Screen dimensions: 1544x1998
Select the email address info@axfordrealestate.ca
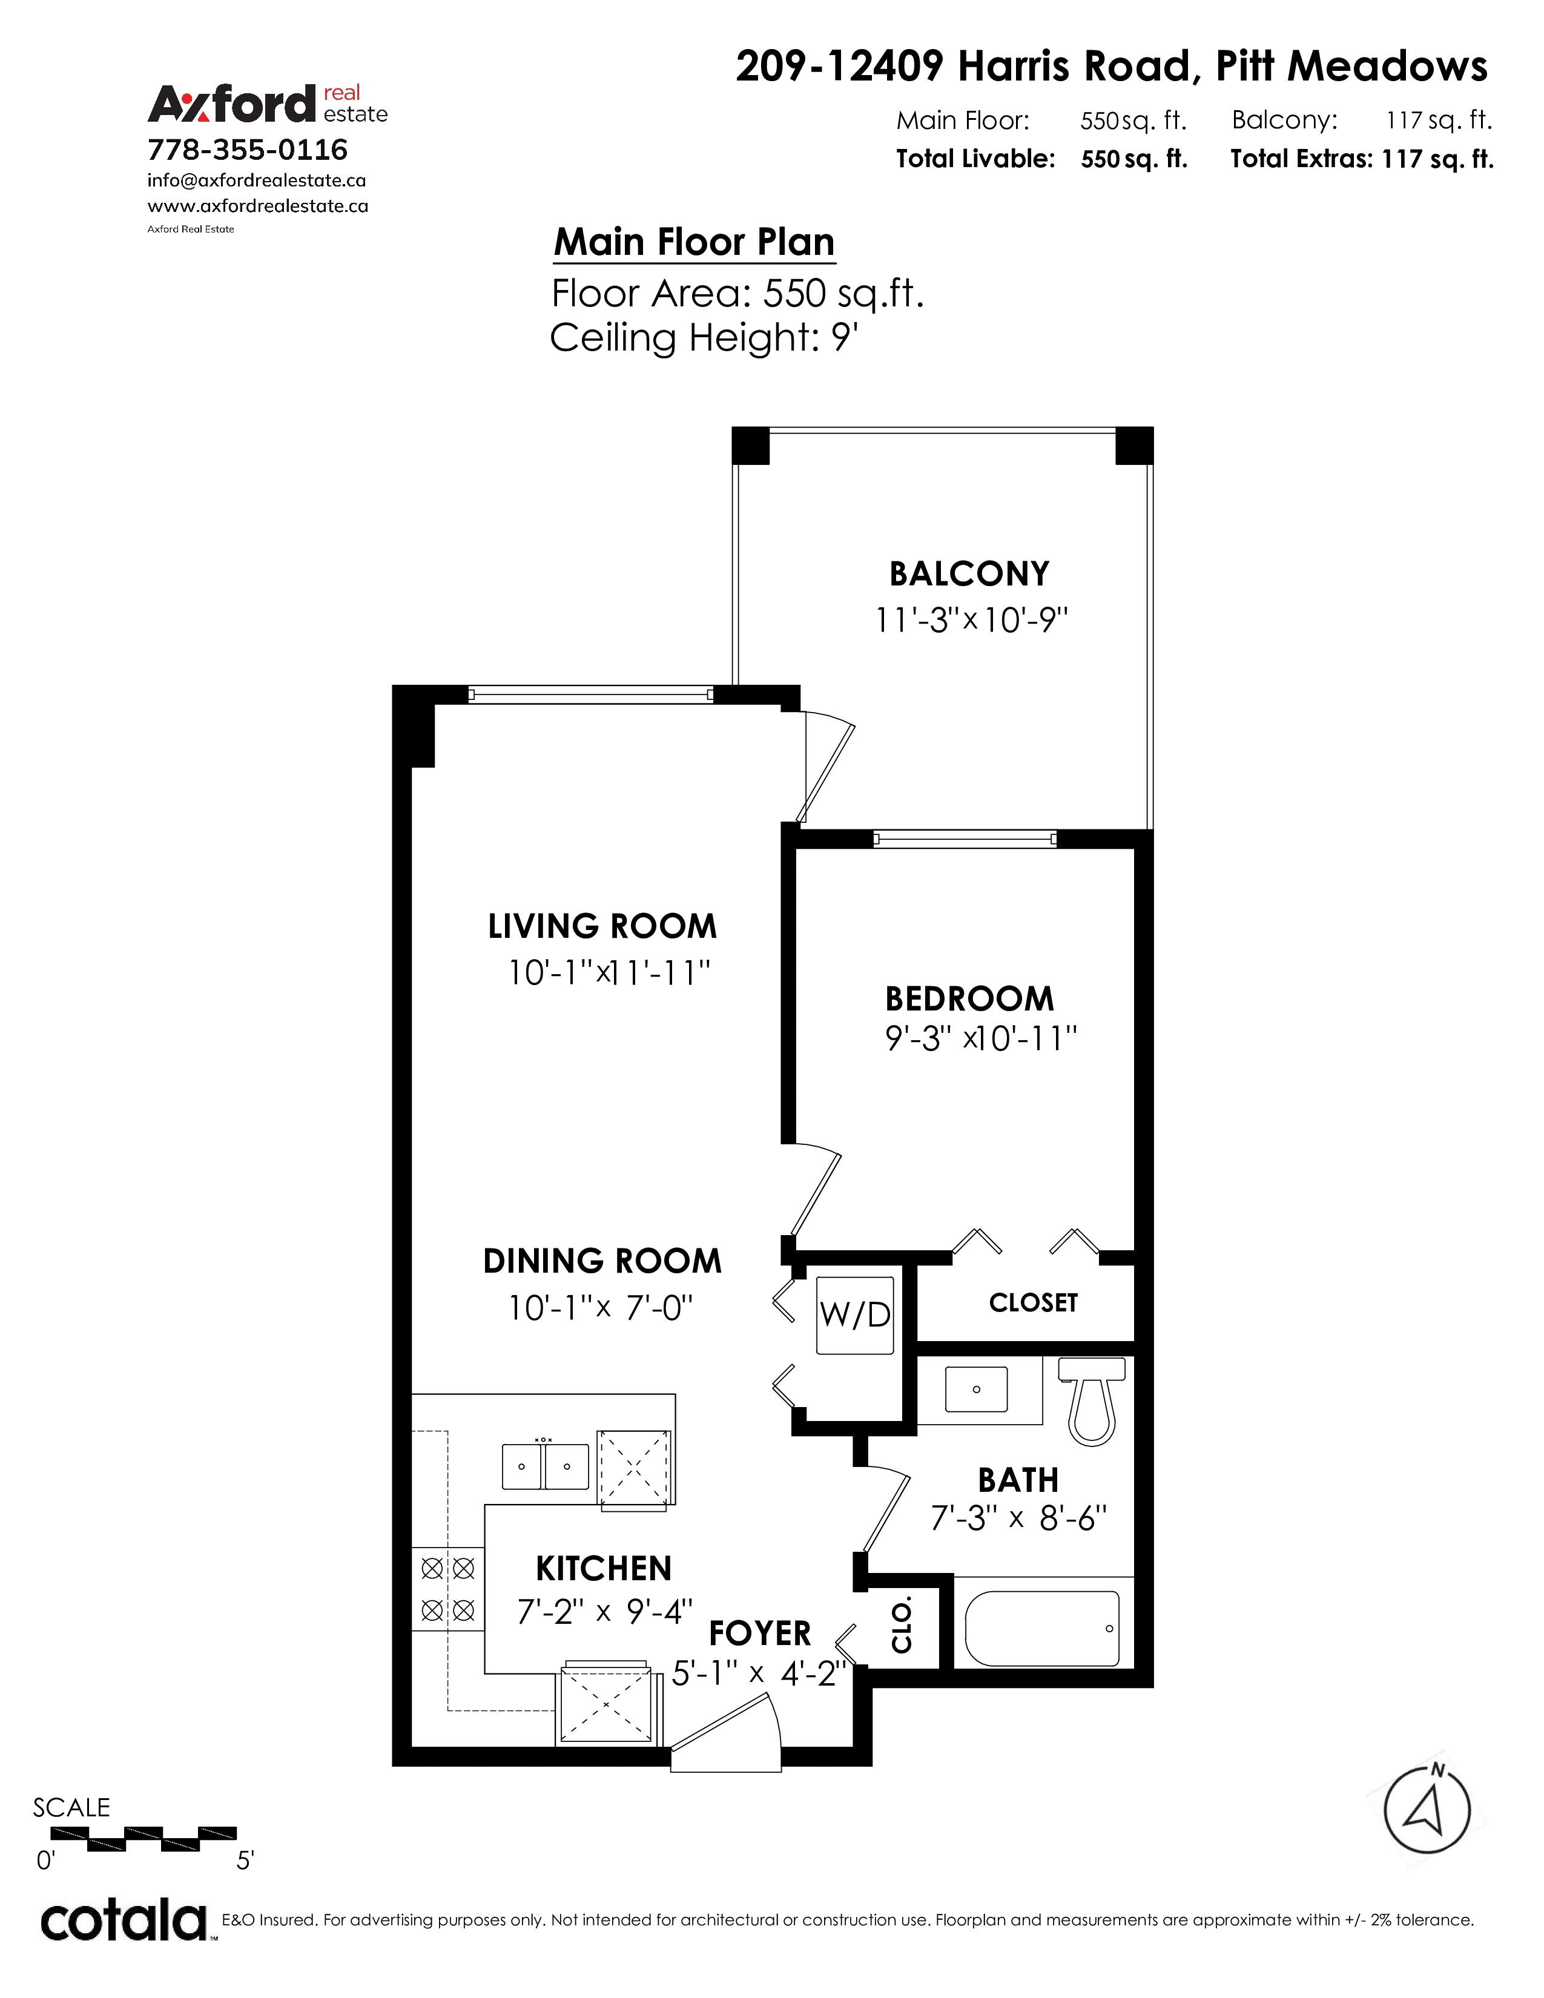tap(257, 181)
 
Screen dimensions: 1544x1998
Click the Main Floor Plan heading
tap(694, 242)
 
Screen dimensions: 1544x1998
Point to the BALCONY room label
tap(969, 573)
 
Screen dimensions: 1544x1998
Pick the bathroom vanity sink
tap(976, 1389)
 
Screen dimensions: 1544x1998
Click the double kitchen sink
tap(545, 1466)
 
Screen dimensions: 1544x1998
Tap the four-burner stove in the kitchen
tap(448, 1589)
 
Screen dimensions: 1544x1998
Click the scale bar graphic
tap(144, 1839)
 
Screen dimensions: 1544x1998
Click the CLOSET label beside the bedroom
tap(1034, 1303)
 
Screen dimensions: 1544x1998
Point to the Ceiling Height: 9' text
tap(704, 338)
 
